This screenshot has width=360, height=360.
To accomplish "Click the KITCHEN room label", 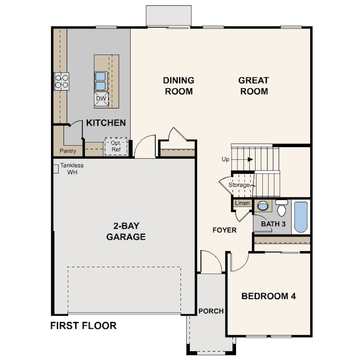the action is (x=106, y=123).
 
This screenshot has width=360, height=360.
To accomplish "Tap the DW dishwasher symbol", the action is (x=101, y=99).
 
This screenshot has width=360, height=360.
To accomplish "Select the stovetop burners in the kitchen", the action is (x=61, y=81).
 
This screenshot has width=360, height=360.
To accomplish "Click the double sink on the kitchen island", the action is (x=100, y=81).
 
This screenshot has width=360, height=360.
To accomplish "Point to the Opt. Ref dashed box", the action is (x=116, y=146).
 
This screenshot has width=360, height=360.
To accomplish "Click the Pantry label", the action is (x=68, y=151).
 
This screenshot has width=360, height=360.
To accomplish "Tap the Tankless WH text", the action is (x=72, y=169).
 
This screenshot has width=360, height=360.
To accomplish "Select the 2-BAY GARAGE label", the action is (x=126, y=231).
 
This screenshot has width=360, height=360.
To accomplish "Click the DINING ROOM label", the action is (x=179, y=86).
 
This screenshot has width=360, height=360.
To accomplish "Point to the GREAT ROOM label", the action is (x=254, y=86).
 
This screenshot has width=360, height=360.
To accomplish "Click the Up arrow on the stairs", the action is (x=250, y=160).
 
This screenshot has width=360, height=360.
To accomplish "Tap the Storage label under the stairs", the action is (x=239, y=185).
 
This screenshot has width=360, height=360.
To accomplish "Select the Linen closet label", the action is (x=242, y=203).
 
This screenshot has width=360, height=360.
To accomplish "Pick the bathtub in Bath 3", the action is (x=301, y=217).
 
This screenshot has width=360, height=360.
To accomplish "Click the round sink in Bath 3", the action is (x=263, y=206).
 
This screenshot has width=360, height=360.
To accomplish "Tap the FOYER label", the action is (x=224, y=230).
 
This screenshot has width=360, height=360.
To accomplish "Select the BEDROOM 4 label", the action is (x=268, y=296).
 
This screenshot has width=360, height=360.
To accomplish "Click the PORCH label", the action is (x=211, y=311).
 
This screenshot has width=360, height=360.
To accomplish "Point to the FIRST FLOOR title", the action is (x=84, y=326).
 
